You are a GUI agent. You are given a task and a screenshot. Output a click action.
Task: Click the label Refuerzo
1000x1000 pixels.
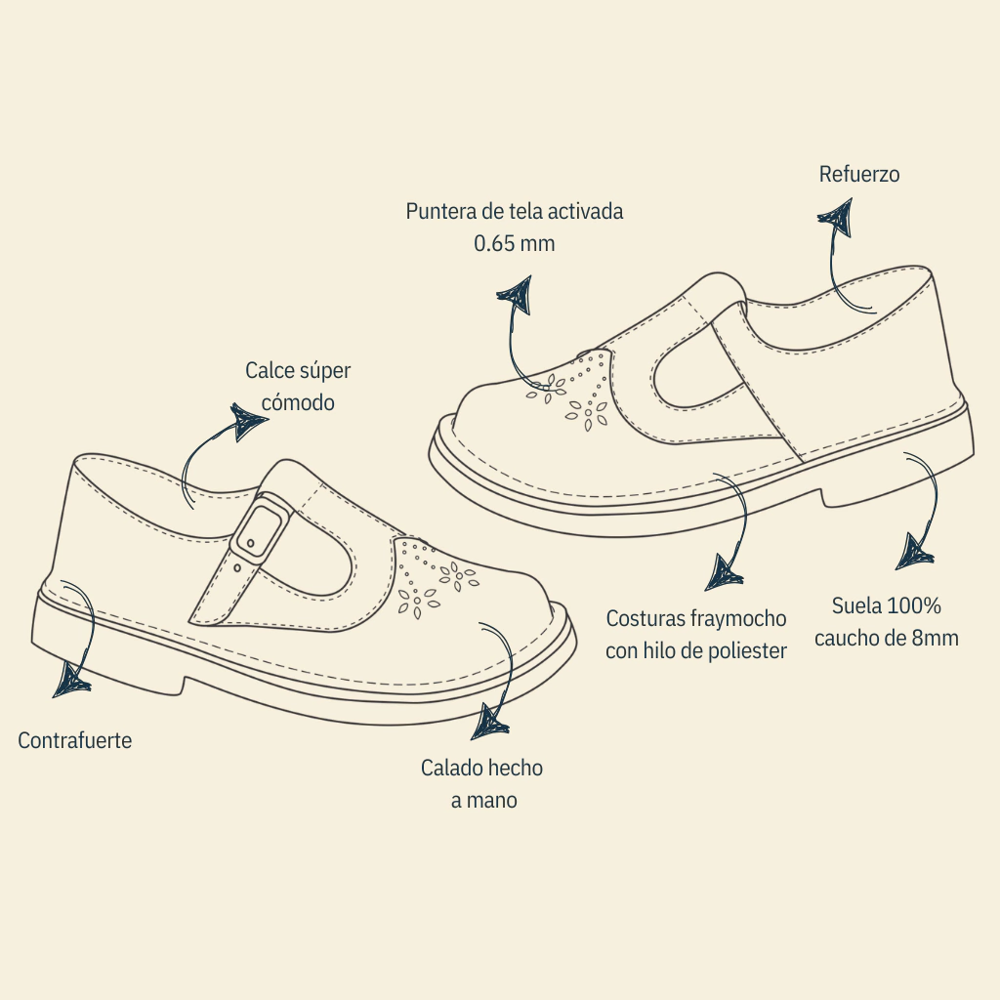(859, 175)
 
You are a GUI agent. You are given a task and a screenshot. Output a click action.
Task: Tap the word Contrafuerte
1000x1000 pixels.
(74, 740)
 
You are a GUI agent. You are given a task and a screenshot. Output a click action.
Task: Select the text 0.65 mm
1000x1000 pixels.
(514, 243)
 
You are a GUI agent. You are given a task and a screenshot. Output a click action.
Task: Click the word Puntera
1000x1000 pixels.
(442, 211)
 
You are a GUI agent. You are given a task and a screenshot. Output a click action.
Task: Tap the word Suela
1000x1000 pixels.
(855, 605)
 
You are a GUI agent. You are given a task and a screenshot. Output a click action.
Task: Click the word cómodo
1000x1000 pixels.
(298, 402)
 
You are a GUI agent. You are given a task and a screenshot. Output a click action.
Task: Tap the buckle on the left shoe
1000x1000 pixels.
(260, 528)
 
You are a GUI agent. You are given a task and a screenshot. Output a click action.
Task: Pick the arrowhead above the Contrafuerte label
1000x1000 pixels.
(70, 679)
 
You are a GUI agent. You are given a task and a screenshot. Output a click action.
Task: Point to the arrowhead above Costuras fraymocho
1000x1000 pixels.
(724, 571)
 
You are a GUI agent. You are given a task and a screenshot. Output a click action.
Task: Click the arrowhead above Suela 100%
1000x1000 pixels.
(916, 553)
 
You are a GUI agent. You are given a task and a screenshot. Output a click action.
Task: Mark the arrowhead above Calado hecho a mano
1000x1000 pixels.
(490, 722)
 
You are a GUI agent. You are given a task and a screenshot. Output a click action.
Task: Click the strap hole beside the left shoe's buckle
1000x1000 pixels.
(238, 566)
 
